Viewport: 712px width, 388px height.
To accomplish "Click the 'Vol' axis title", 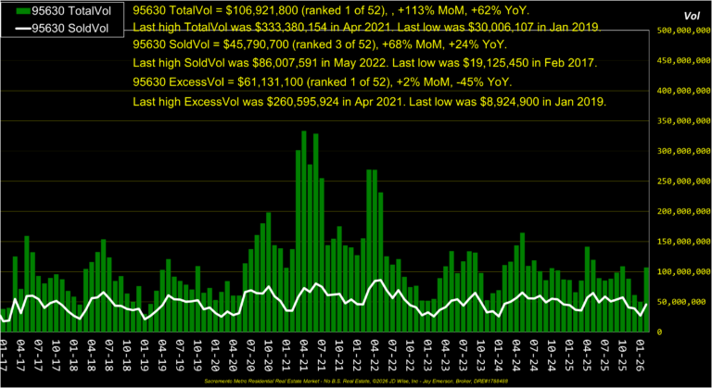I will pyautogui.click(x=691, y=16).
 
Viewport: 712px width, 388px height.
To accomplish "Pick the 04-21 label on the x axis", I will pyautogui.click(x=303, y=354).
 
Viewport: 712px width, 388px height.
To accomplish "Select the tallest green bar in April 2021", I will pyautogui.click(x=304, y=232).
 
